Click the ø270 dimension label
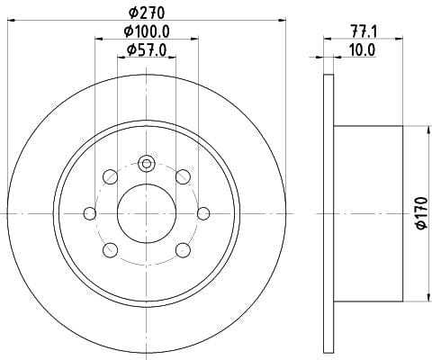(147, 13)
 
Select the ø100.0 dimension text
(147, 31)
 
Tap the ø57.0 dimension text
(147, 49)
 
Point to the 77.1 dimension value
(364, 31)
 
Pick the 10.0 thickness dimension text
(363, 49)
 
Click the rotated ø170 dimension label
(422, 213)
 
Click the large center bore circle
(147, 213)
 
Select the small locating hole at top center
(147, 164)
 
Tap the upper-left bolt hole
(110, 176)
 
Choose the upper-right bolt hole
(183, 176)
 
